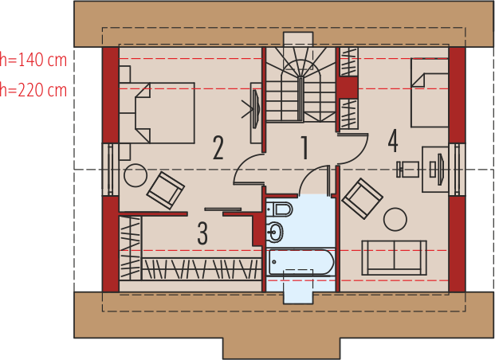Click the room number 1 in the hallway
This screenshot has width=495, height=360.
pos(304,147)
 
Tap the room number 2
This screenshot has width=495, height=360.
pos(218,147)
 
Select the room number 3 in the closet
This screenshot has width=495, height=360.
pos(202,233)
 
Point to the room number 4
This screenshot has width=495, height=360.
pos(393,141)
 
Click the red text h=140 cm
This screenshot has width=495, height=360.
pos(33,60)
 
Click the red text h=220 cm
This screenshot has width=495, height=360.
pos(33,90)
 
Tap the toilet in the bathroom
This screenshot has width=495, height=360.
pos(279,209)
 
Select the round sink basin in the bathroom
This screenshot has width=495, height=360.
pos(275,233)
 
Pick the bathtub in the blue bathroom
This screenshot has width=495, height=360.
pos(301,263)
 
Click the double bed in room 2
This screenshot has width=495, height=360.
pos(157,113)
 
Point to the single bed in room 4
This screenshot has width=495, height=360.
pos(430,92)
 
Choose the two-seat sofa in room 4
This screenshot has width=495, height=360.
pos(394,257)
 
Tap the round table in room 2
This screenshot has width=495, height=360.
pos(136,175)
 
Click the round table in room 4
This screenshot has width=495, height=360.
pos(395,219)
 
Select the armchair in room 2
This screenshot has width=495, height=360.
pos(166,190)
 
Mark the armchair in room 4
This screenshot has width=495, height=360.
pos(363,198)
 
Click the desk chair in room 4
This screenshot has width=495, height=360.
pos(407,169)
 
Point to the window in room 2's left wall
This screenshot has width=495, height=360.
pos(110,170)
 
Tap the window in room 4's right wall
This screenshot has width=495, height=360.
pos(457,170)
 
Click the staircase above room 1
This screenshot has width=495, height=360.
pos(301,84)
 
